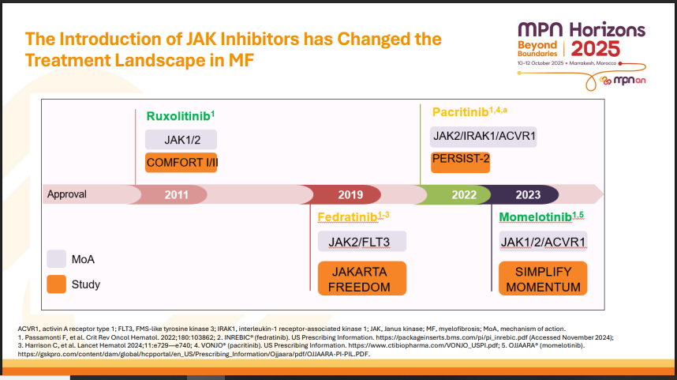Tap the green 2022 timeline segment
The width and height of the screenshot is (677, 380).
[x=458, y=194]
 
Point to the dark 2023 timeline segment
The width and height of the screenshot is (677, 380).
[x=525, y=194]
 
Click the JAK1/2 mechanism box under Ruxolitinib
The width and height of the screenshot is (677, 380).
[x=181, y=140]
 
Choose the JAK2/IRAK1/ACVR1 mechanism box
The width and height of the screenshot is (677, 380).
[x=483, y=137]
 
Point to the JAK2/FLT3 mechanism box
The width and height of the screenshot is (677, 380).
[x=362, y=241]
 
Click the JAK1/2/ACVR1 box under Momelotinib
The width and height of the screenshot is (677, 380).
[x=543, y=241]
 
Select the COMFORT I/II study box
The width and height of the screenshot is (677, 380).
[x=181, y=163]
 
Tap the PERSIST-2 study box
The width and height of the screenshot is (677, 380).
[x=460, y=163]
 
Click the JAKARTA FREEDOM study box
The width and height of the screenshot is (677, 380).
[x=362, y=278]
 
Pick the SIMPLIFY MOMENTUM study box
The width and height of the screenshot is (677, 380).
[x=543, y=278]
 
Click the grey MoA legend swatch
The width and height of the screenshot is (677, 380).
[x=57, y=259]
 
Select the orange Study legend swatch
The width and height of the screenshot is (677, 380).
[x=57, y=284]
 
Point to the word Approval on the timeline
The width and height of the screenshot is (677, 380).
[x=67, y=194]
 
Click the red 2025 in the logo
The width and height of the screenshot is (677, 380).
[x=596, y=49]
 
